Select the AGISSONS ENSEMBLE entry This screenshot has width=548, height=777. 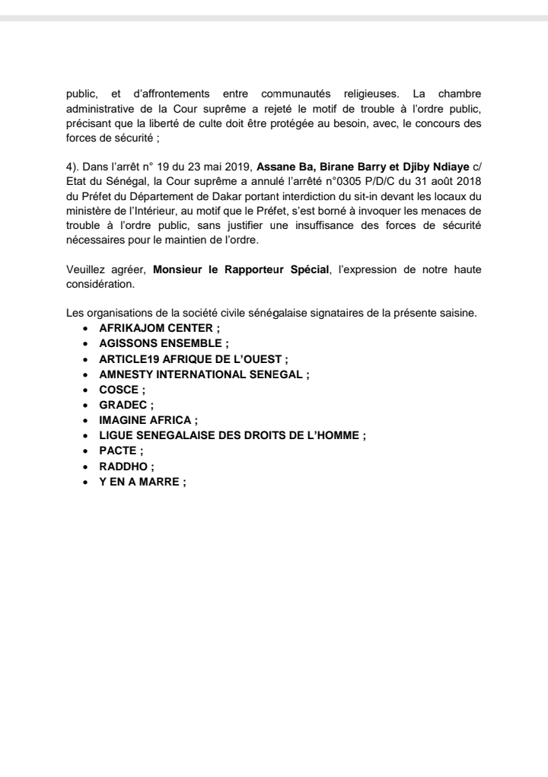(161, 343)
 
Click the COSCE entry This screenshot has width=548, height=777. (120, 390)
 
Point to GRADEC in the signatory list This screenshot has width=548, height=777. (124, 405)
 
